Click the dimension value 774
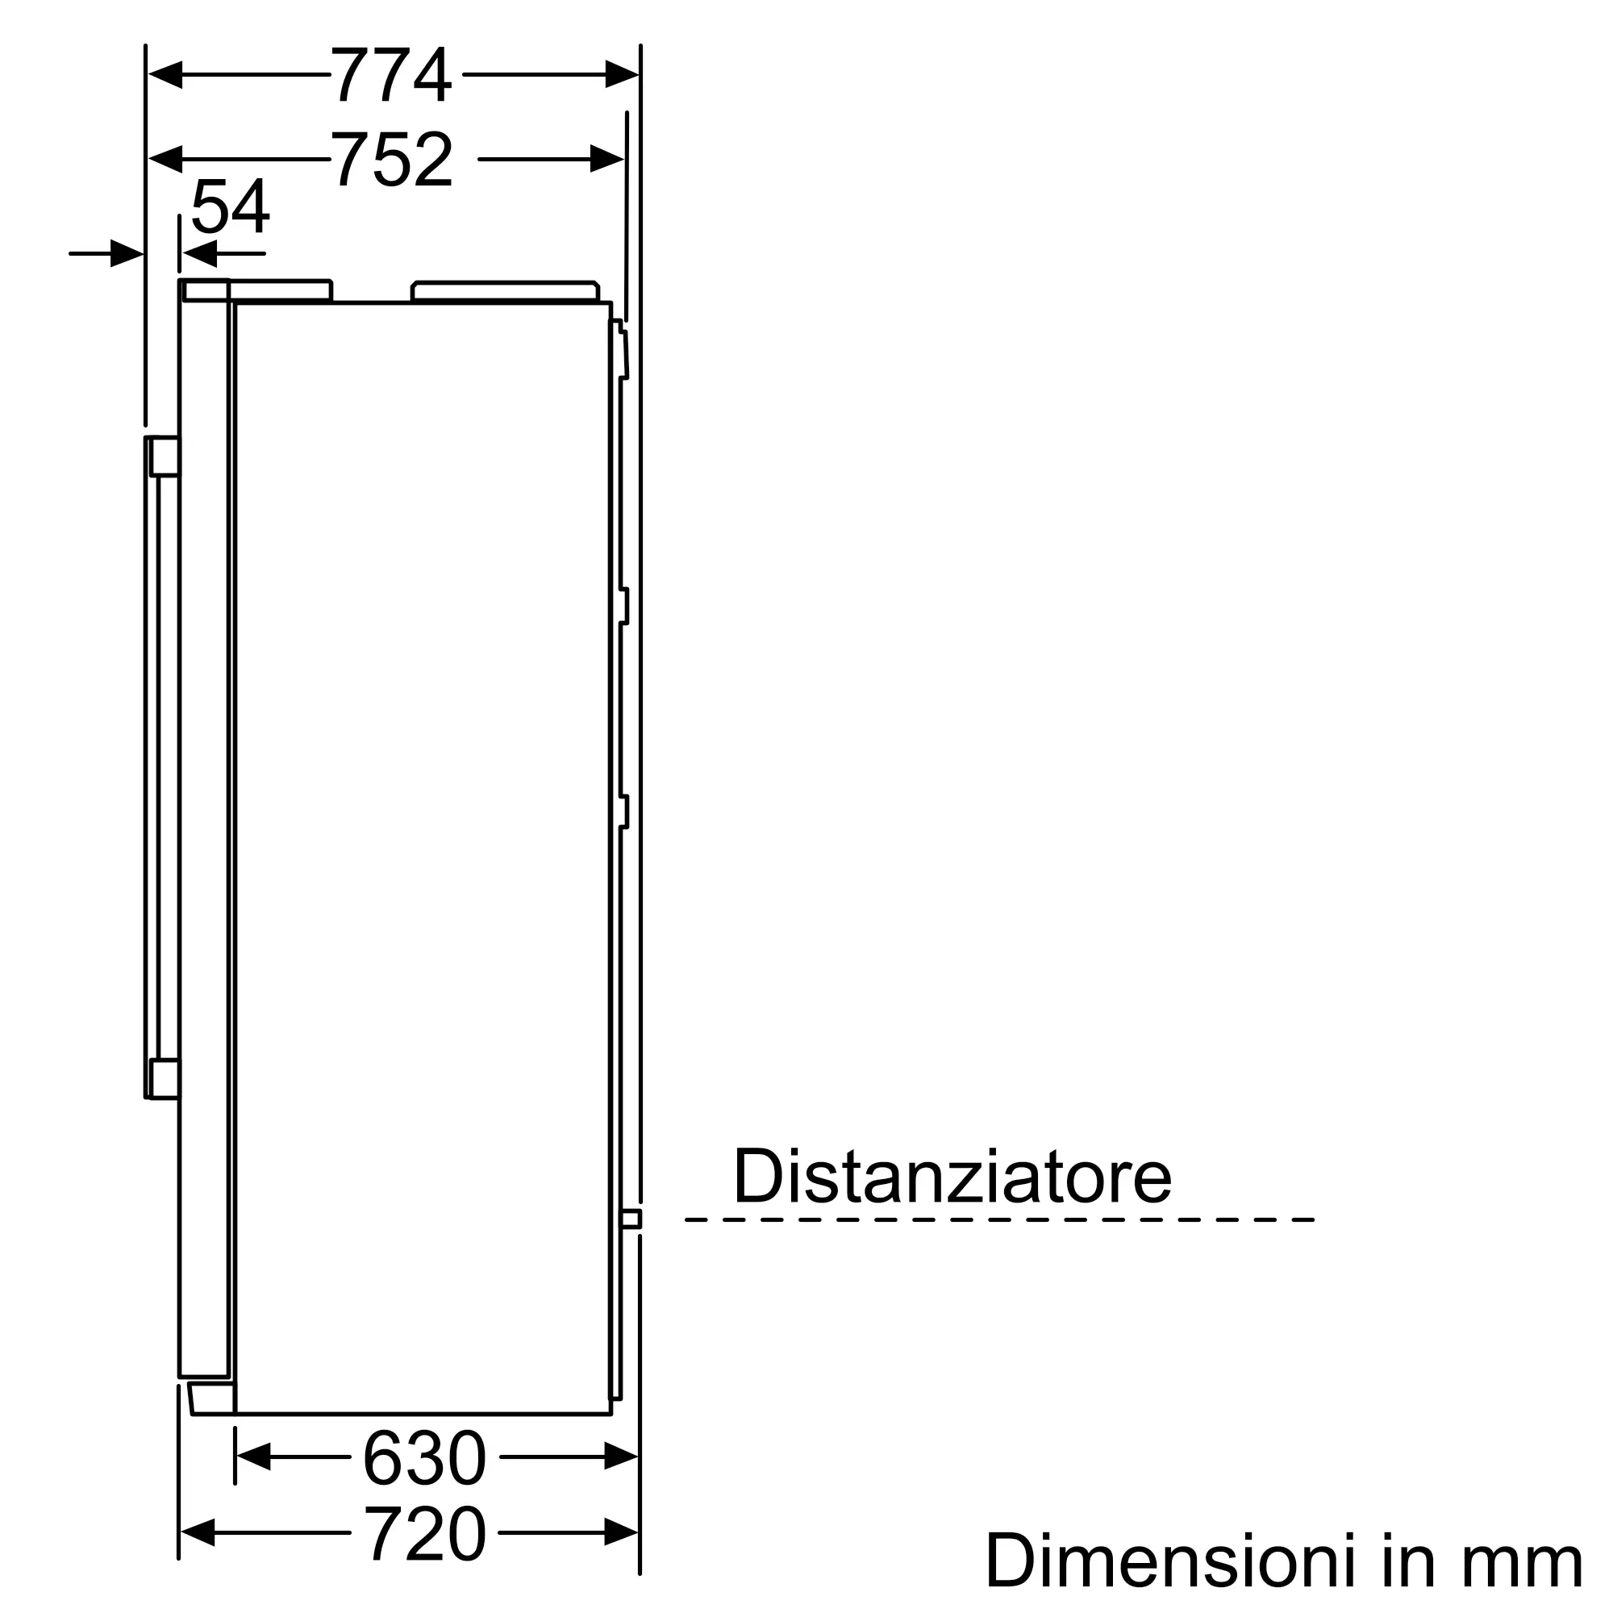click(x=392, y=75)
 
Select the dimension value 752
click(x=393, y=159)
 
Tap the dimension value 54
click(x=231, y=206)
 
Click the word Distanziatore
click(x=952, y=1177)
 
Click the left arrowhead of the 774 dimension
click(x=165, y=74)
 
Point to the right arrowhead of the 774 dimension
click(x=622, y=74)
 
